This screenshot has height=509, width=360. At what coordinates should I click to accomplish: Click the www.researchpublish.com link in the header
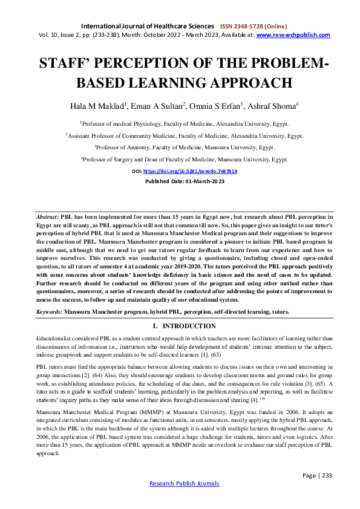coord(293,35)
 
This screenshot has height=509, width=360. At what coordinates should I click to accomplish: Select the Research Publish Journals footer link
coord(180,501)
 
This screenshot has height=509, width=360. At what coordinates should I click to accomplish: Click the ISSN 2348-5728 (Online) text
coord(257,27)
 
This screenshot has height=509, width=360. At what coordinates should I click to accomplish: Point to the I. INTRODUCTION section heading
coord(180,326)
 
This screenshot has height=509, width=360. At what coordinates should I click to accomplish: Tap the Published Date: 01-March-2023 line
coord(180,181)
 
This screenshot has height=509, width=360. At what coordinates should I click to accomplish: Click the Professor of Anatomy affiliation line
coord(180,147)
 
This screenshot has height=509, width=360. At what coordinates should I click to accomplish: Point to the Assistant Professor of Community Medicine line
coord(180,135)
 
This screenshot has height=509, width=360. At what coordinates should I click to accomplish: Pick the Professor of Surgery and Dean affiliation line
coord(180,159)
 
